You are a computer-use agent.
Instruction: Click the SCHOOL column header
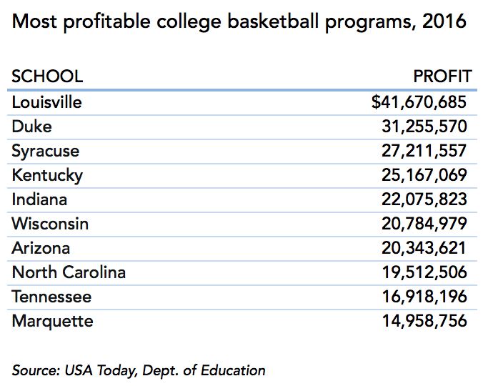[47, 76]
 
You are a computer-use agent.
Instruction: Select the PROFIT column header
[442, 76]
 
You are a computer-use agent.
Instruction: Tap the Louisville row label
[47, 102]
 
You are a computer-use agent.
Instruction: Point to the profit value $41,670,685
[419, 102]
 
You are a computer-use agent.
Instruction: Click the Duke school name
[32, 127]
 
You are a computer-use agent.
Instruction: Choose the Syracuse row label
[46, 151]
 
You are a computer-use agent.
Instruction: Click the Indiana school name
[40, 199]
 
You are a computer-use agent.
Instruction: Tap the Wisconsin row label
[50, 224]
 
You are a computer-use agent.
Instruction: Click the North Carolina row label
[69, 272]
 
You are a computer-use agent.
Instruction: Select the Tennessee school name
[51, 297]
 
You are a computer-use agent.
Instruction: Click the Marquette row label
[52, 321]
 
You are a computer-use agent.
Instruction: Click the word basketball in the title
[272, 22]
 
